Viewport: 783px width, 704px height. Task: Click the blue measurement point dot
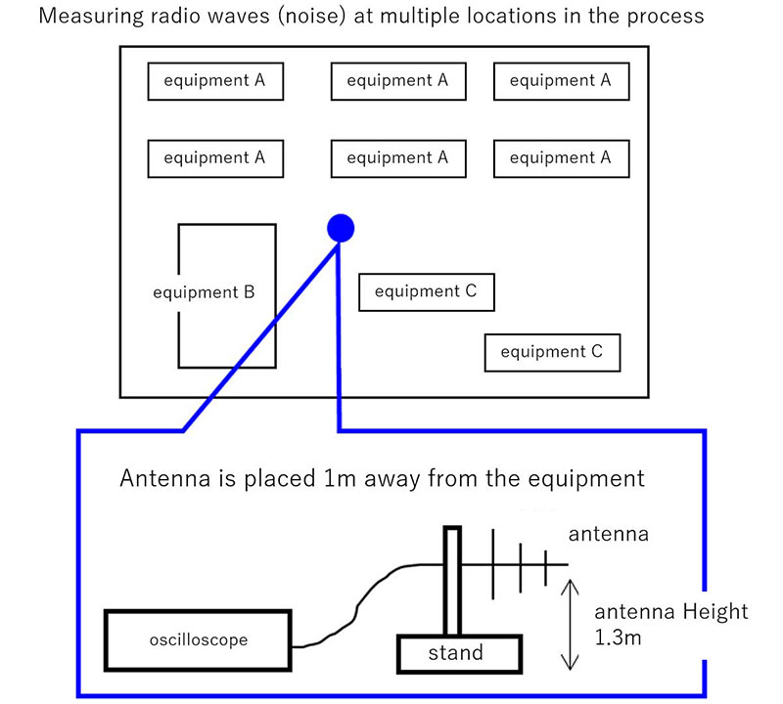click(340, 228)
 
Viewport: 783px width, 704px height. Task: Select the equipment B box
click(226, 294)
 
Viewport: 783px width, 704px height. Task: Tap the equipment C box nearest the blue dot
click(426, 291)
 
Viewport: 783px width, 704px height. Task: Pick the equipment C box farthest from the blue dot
click(552, 352)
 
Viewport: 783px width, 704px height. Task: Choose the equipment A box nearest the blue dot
click(398, 157)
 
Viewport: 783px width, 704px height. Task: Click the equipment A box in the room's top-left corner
click(214, 80)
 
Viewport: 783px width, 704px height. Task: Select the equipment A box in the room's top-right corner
click(561, 80)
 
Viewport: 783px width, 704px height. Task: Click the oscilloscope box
click(199, 641)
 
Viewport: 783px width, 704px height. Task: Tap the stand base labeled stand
click(456, 653)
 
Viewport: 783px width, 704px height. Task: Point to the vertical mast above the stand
click(451, 582)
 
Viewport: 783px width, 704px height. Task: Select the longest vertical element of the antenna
click(492, 565)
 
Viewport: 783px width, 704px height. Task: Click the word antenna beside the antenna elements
click(608, 535)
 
